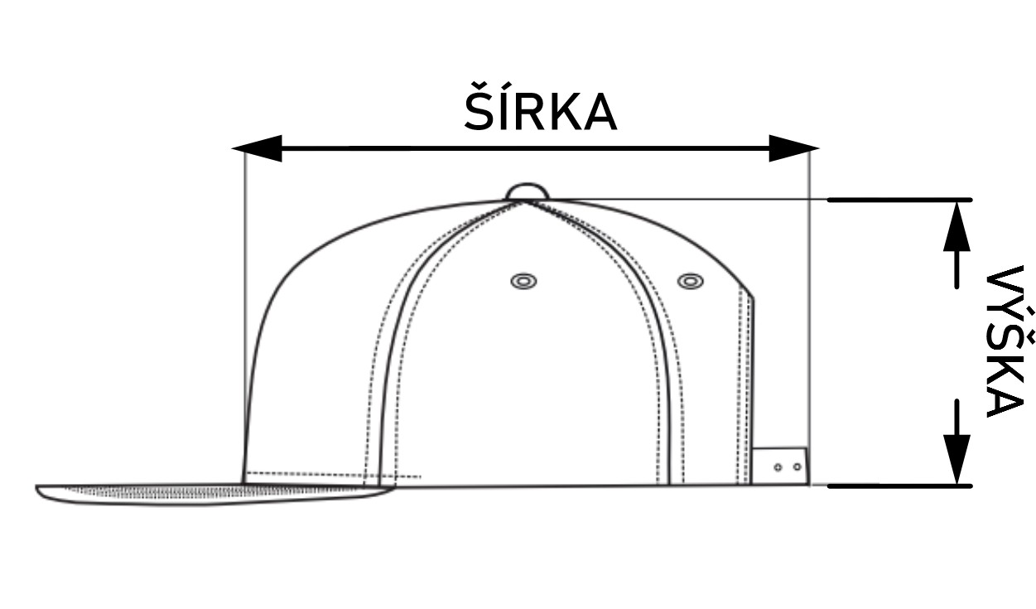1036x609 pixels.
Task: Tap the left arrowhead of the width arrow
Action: [258, 148]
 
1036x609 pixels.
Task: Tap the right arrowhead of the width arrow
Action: [793, 148]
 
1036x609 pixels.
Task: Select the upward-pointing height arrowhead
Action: [956, 226]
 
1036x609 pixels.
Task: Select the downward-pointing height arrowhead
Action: [956, 460]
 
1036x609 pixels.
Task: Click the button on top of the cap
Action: [528, 191]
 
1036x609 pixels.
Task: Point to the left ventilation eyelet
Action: [523, 281]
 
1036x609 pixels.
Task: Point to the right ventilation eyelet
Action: [691, 281]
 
